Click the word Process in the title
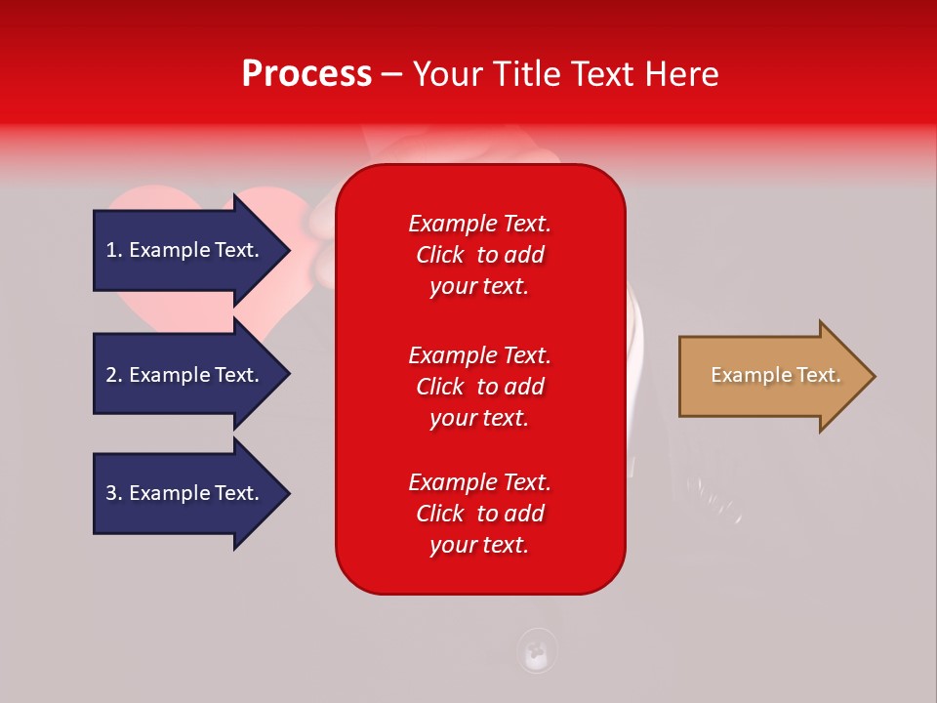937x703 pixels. point(306,74)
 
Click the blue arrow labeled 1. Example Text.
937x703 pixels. point(191,251)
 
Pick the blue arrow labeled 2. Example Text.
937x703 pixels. point(191,374)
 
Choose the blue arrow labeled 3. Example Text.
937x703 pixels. point(191,493)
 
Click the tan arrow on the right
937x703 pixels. point(777,376)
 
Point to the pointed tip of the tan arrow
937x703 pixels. point(876,376)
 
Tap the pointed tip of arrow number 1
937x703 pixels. point(290,251)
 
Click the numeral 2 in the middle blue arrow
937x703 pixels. point(111,375)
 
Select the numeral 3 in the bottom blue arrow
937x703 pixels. point(111,493)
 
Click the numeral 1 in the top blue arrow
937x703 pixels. point(110,250)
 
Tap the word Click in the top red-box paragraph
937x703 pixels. point(440,255)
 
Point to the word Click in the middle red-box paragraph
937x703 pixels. point(440,387)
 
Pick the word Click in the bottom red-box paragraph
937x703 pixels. point(440,513)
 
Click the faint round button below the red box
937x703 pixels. point(536,650)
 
